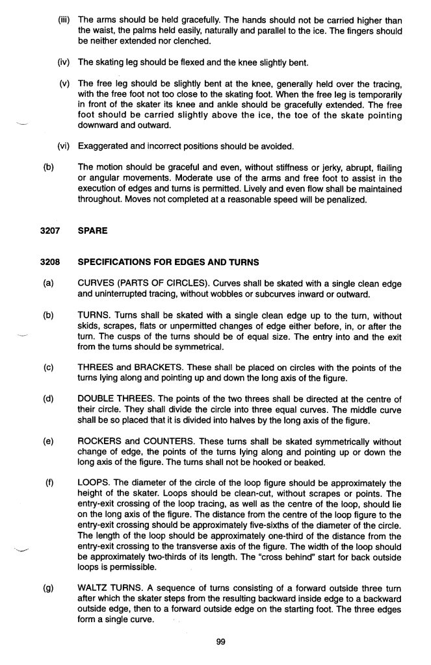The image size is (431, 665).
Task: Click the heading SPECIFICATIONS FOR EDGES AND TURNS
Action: (x=168, y=262)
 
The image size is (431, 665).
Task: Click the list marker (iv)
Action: (x=63, y=62)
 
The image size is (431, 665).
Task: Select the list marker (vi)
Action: (x=63, y=145)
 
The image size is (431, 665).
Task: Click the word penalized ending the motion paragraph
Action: (x=346, y=199)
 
